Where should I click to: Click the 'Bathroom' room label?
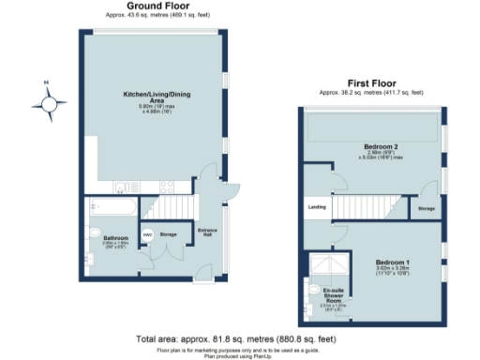tap(115, 239)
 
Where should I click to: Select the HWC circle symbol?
tap(147, 234)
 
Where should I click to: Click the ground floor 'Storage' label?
tap(169, 234)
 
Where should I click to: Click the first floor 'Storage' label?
tap(426, 208)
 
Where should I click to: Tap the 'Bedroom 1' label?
tap(393, 261)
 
